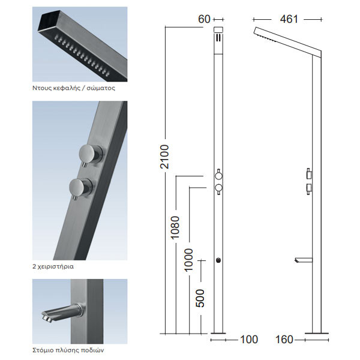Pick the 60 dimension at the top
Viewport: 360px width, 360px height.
(x=204, y=19)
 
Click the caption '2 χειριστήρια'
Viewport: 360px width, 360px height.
(x=53, y=265)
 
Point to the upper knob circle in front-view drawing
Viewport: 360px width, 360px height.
(x=219, y=175)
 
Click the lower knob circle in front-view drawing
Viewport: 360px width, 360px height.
(x=219, y=189)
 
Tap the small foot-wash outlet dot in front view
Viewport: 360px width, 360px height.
(x=219, y=260)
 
